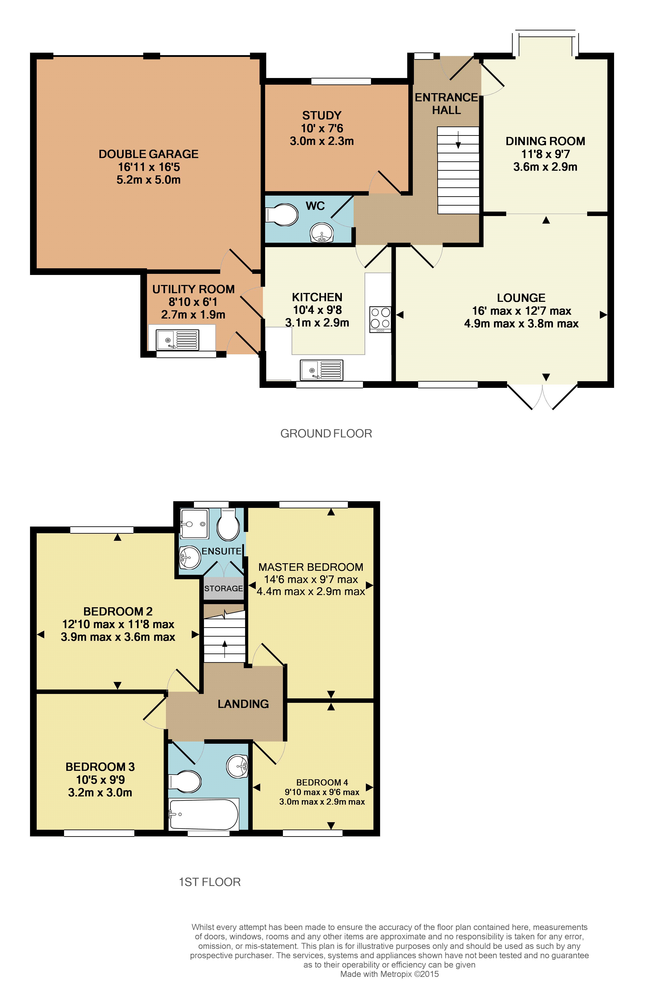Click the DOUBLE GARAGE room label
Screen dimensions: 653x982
click(x=148, y=154)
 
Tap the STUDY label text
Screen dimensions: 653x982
click(x=322, y=115)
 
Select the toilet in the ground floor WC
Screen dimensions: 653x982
click(x=283, y=214)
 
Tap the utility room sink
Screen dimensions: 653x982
click(x=177, y=340)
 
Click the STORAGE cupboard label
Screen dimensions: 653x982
click(x=224, y=588)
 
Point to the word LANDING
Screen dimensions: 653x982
click(x=243, y=704)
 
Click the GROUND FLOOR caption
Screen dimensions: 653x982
click(x=326, y=434)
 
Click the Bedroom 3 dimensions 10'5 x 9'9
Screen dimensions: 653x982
click(x=100, y=780)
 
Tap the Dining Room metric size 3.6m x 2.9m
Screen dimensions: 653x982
click(x=545, y=167)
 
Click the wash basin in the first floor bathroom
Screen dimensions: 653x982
click(x=237, y=766)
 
